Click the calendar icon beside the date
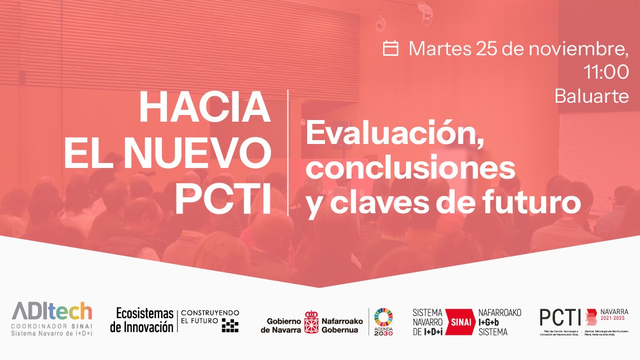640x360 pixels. (x=391, y=49)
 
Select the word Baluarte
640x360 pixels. (x=591, y=96)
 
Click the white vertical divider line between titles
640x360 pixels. (x=288, y=152)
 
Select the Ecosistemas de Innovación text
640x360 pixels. (x=141, y=320)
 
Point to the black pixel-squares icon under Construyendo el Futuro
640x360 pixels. (x=230, y=325)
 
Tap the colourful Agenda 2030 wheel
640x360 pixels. (x=383, y=315)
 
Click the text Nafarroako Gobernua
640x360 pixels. (x=342, y=325)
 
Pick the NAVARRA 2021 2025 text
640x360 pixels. (x=614, y=315)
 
